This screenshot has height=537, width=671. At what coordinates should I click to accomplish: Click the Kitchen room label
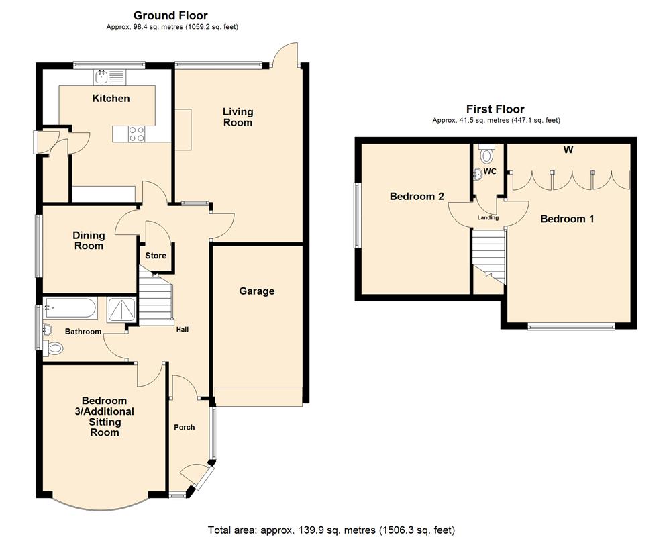tap(111, 99)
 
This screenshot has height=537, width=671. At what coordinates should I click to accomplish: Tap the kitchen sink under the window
tap(103, 76)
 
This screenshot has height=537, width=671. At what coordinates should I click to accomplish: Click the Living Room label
tap(238, 117)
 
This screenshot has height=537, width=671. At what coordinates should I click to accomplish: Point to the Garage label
tap(257, 291)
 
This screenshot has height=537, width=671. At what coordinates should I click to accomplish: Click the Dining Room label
tap(89, 240)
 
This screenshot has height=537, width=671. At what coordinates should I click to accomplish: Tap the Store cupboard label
tap(156, 256)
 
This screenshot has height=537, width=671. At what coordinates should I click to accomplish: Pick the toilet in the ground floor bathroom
tap(55, 348)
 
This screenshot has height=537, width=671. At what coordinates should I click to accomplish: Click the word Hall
tap(183, 330)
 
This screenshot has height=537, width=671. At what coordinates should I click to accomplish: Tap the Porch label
tap(184, 428)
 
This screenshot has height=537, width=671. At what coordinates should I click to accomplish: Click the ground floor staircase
tap(156, 295)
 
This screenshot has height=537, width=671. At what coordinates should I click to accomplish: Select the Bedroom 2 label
tap(417, 197)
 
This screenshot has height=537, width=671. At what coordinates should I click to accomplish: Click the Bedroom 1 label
tap(567, 219)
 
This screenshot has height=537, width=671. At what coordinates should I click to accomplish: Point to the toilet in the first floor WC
tap(487, 155)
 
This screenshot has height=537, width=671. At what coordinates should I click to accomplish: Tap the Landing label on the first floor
tap(488, 218)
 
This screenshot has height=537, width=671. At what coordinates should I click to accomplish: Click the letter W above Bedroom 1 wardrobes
tap(568, 150)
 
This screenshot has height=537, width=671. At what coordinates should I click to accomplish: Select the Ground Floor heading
tap(170, 15)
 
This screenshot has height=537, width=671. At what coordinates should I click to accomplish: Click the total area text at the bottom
tap(335, 530)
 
